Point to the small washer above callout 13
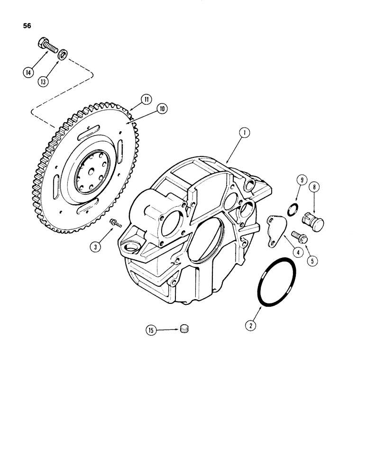coord(62,56)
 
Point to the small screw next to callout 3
coord(114,222)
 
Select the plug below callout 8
coord(311,219)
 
